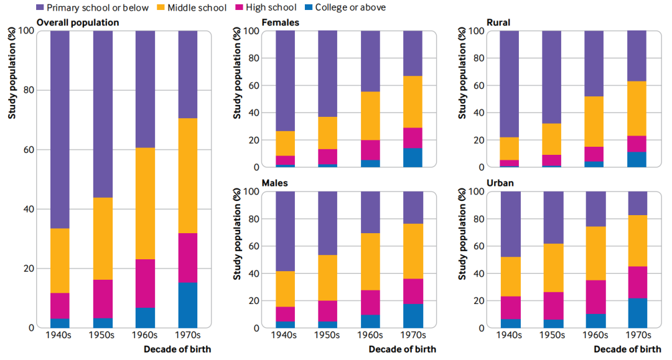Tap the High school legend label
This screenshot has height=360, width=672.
pyautogui.click(x=274, y=7)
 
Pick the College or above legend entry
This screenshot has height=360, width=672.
pyautogui.click(x=350, y=7)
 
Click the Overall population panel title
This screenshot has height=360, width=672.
pyautogui.click(x=78, y=22)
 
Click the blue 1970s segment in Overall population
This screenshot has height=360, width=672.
pyautogui.click(x=188, y=305)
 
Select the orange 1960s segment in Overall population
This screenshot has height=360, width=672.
pyautogui.click(x=145, y=203)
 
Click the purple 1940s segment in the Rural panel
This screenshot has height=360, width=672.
pyautogui.click(x=510, y=84)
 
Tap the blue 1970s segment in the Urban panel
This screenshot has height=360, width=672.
pyautogui.click(x=637, y=313)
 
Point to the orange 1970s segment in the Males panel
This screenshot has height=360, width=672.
pyautogui.click(x=413, y=251)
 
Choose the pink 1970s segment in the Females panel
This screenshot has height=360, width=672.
pyautogui.click(x=413, y=137)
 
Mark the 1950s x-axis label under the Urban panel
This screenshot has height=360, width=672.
pyautogui.click(x=553, y=336)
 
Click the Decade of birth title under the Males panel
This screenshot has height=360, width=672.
pyautogui.click(x=402, y=349)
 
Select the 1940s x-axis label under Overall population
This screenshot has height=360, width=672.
pyautogui.click(x=60, y=336)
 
